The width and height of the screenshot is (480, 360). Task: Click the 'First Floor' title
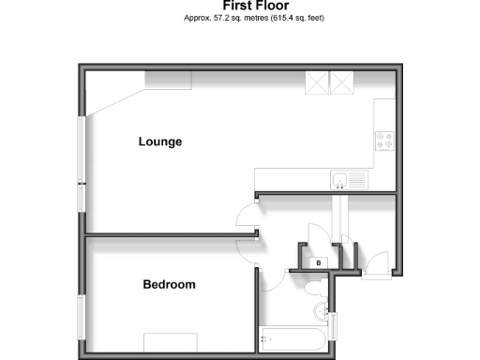[x=242, y=5]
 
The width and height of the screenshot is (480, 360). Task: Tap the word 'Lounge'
[x=159, y=142]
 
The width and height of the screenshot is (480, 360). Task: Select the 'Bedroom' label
[x=169, y=284]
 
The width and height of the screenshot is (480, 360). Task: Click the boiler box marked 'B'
[x=319, y=262]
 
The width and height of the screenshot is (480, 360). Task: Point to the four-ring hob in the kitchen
[x=384, y=141]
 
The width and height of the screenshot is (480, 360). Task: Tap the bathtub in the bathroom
[x=293, y=338]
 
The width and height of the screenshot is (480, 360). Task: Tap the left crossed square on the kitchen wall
[x=319, y=84]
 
